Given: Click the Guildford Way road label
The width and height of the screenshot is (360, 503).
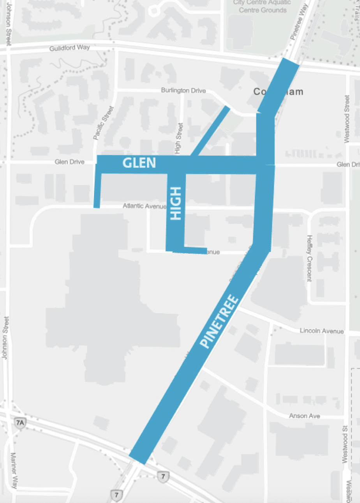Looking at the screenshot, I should [70, 48].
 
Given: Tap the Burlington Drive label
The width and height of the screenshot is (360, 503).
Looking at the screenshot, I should [183, 90].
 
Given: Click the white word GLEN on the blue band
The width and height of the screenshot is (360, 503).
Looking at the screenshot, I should [139, 163].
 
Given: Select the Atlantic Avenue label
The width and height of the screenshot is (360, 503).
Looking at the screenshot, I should [145, 205].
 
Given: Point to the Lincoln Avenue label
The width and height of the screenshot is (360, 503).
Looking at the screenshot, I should [321, 331].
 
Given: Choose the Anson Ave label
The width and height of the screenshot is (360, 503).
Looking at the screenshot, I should [304, 416].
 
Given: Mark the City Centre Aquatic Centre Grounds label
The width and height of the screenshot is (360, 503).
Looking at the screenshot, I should [262, 6].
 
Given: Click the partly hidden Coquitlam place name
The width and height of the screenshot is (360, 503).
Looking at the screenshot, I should [278, 92].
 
